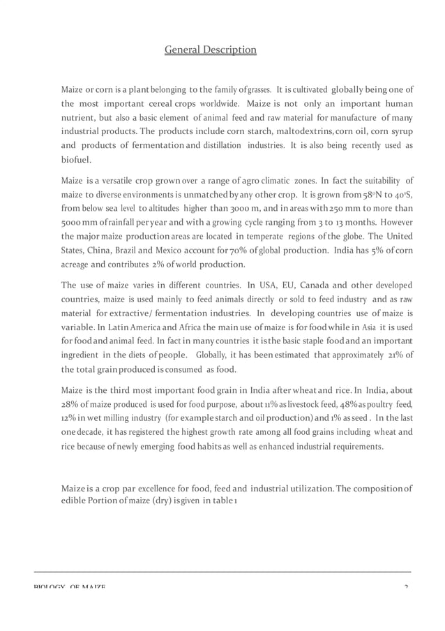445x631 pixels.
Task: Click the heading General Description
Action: coord(210,50)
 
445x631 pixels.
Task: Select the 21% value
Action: coord(395,355)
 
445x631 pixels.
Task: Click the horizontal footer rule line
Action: coord(222,572)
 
